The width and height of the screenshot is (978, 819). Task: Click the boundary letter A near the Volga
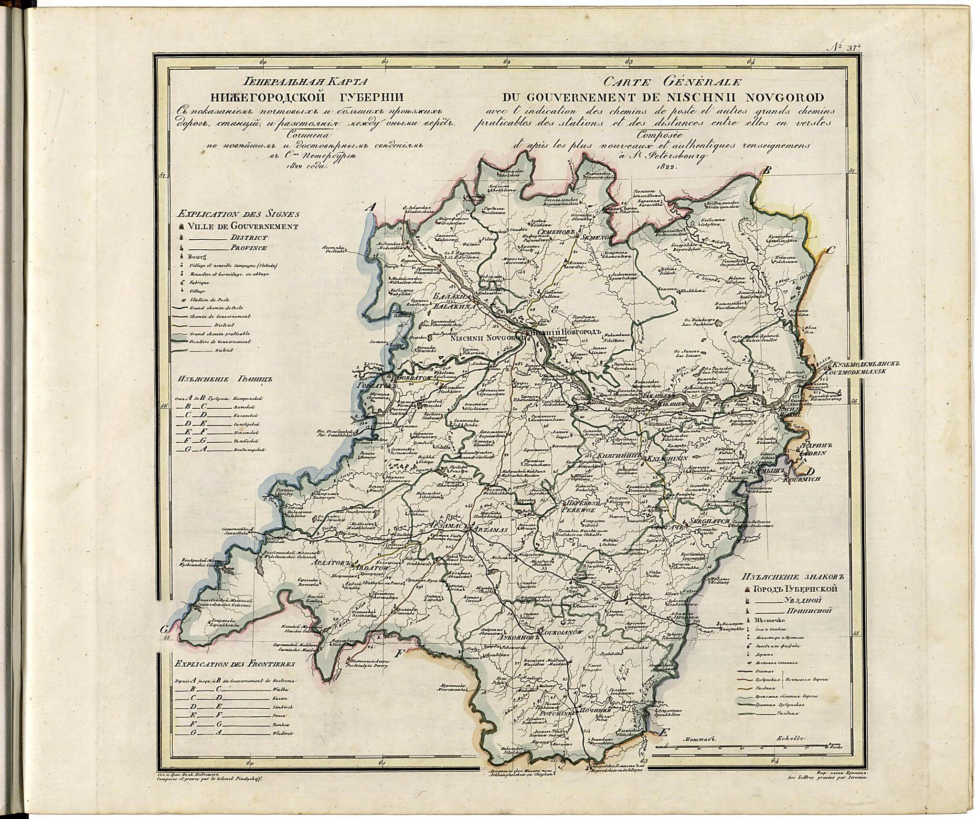[x=371, y=207]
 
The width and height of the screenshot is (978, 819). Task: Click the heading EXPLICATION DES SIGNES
[x=237, y=214]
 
